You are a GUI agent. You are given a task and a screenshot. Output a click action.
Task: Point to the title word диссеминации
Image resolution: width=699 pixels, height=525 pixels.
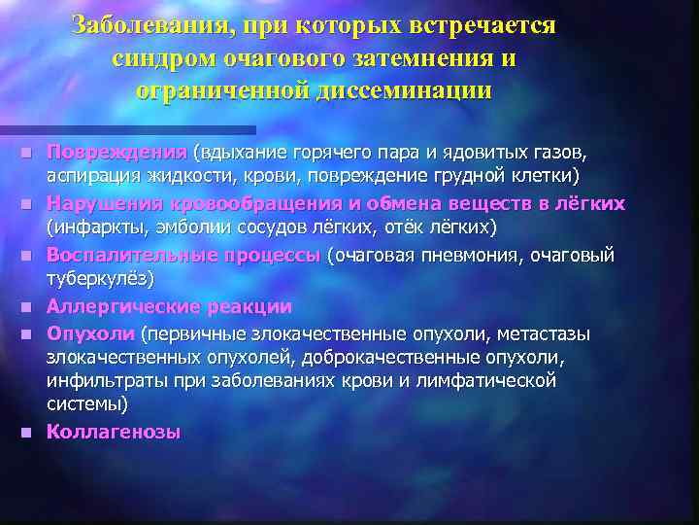pyautogui.click(x=404, y=90)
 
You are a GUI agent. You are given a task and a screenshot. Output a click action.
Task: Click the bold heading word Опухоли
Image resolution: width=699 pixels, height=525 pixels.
pyautogui.click(x=91, y=333)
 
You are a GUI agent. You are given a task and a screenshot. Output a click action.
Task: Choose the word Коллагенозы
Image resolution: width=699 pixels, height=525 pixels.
pyautogui.click(x=114, y=432)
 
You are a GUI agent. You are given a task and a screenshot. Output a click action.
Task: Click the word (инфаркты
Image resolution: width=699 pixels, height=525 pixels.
pyautogui.click(x=90, y=227)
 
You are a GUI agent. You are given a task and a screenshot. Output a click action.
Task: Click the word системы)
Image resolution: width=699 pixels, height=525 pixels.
pyautogui.click(x=86, y=402)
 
